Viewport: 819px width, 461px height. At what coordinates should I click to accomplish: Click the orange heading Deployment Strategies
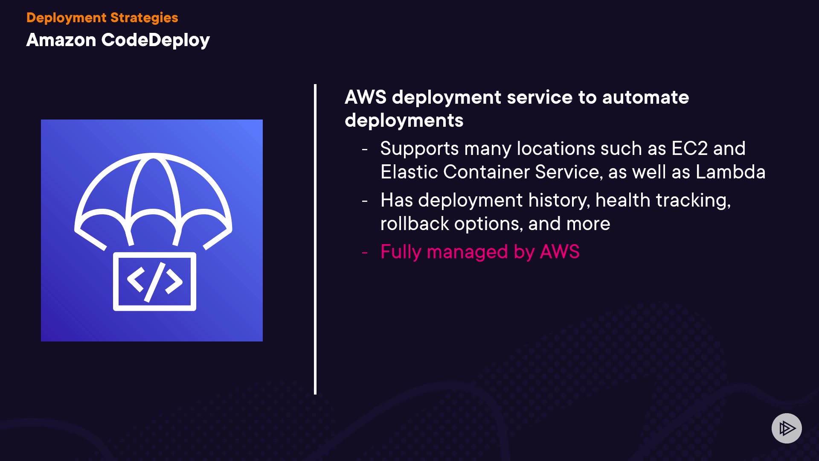coord(102,18)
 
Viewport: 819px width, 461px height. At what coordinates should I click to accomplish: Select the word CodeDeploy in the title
coord(155,40)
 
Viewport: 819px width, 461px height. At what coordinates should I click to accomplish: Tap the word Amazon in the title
coord(61,40)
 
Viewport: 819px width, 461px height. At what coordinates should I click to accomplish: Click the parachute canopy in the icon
coord(153,188)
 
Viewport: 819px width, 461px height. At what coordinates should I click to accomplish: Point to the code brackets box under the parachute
coord(154,282)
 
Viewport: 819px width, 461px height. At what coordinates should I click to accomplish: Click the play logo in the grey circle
coord(787,428)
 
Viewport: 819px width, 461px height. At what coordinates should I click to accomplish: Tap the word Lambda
coord(730,172)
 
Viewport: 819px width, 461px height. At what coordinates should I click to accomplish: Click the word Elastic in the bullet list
coord(409,172)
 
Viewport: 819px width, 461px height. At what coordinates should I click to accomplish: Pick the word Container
coord(486,172)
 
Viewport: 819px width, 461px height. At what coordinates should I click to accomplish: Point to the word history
coord(559,200)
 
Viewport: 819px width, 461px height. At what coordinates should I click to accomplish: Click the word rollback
coord(414,224)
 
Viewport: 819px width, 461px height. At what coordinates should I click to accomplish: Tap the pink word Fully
coord(401,252)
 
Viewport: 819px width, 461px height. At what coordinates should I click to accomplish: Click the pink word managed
coord(467,252)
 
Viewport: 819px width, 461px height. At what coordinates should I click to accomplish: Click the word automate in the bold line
coord(645,97)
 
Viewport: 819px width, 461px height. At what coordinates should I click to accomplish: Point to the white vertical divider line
coord(315,239)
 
